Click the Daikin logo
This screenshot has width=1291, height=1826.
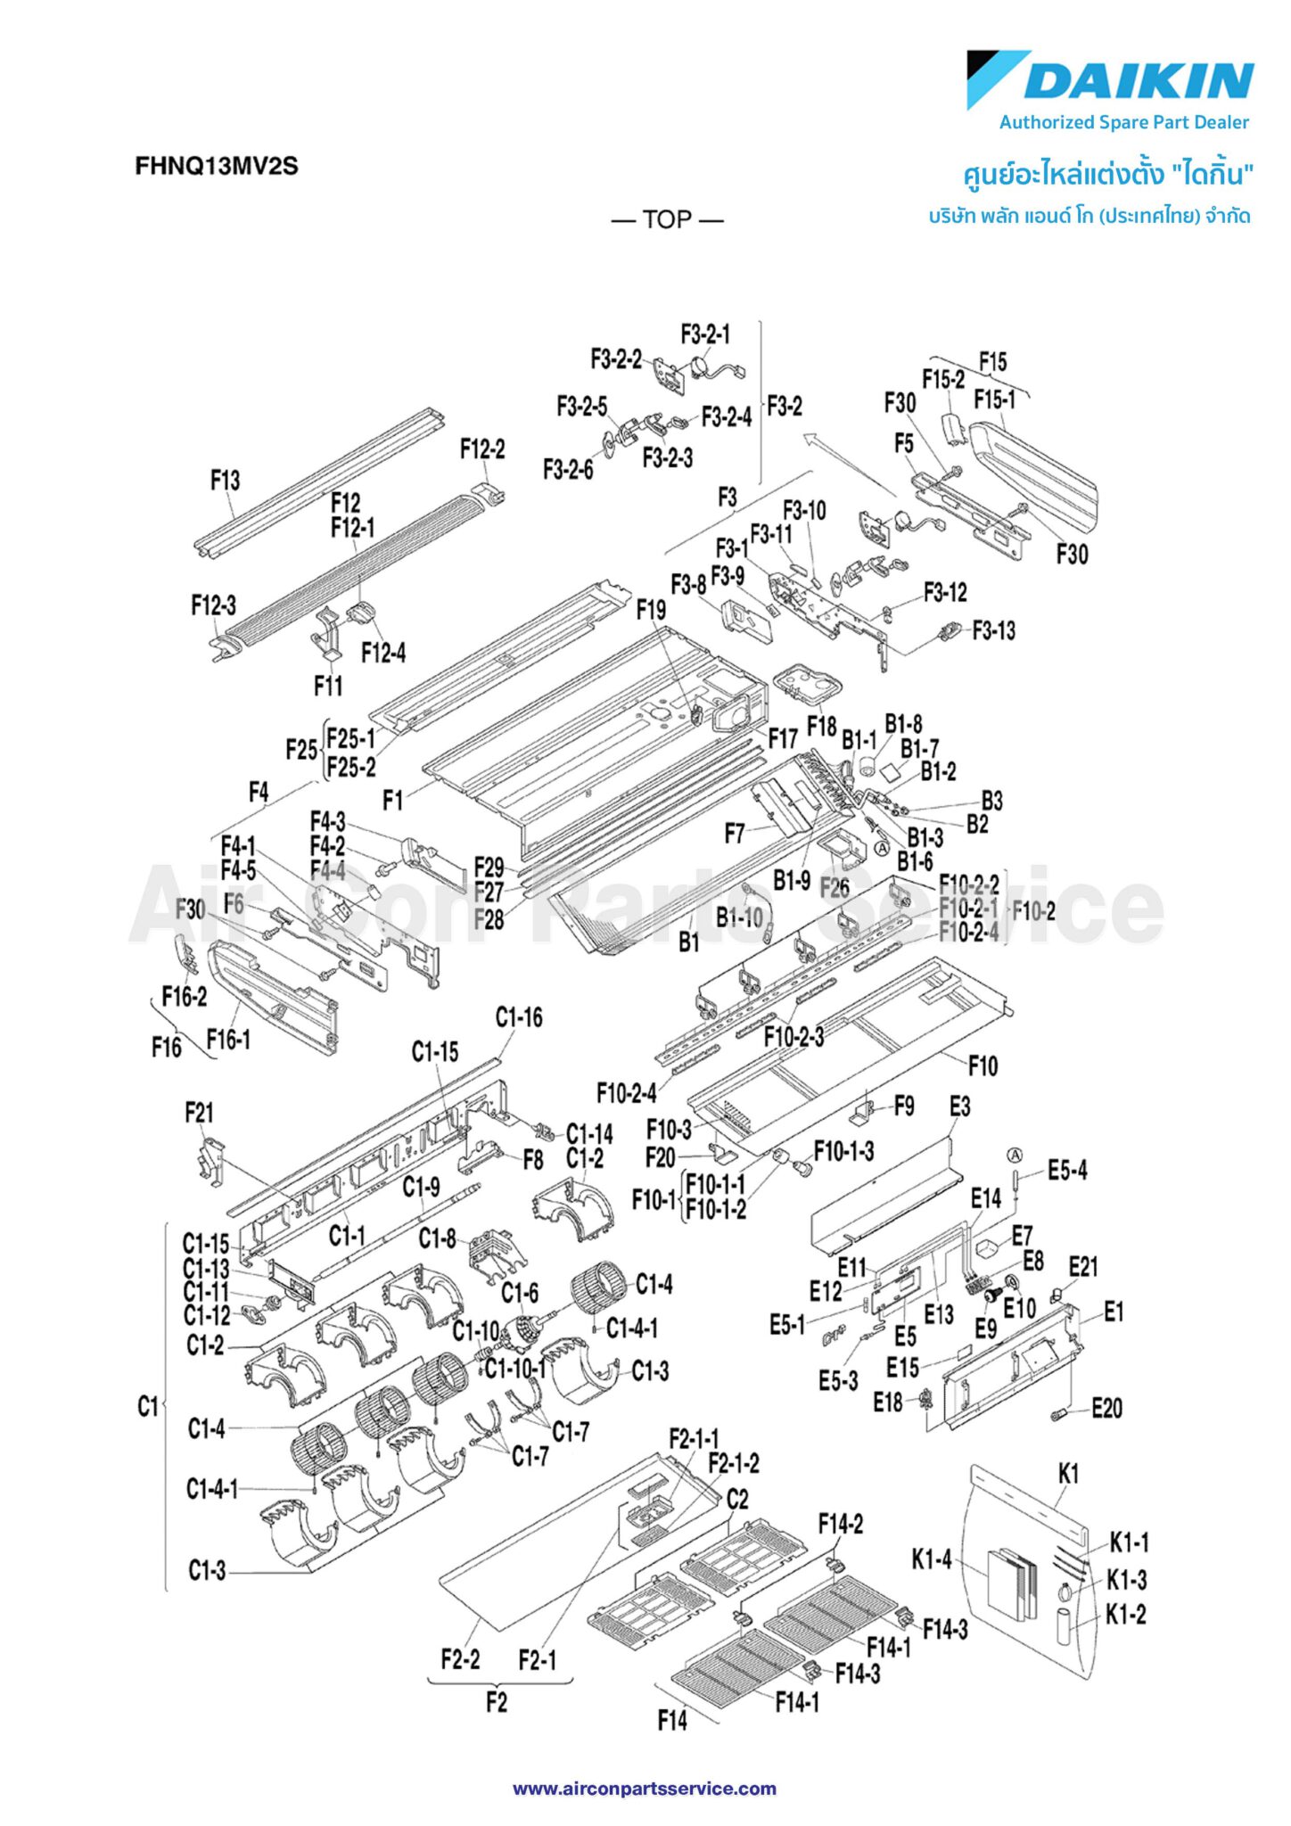[x=1110, y=79]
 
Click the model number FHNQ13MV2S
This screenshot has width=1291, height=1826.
[x=217, y=166]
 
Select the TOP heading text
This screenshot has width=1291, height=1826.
[x=667, y=219]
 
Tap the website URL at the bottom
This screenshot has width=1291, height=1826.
[x=644, y=1789]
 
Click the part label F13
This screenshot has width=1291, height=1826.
[x=225, y=481]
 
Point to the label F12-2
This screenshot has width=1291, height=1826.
[x=482, y=449]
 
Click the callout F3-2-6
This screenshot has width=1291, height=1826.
[x=568, y=469]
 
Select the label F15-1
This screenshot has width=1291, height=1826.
[x=994, y=399]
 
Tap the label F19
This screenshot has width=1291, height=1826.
[x=651, y=611]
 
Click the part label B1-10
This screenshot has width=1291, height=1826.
[x=739, y=917]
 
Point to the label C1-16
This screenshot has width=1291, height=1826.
[x=519, y=1017]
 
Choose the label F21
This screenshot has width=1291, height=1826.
[x=199, y=1113]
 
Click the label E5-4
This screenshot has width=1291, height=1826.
[x=1067, y=1171]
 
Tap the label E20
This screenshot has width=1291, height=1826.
[x=1106, y=1409]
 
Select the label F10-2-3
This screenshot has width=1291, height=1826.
[x=794, y=1037]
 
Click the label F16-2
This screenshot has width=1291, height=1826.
[x=184, y=997]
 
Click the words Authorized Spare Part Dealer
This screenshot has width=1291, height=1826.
[x=1123, y=123]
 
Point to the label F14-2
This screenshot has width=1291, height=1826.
[x=841, y=1525]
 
